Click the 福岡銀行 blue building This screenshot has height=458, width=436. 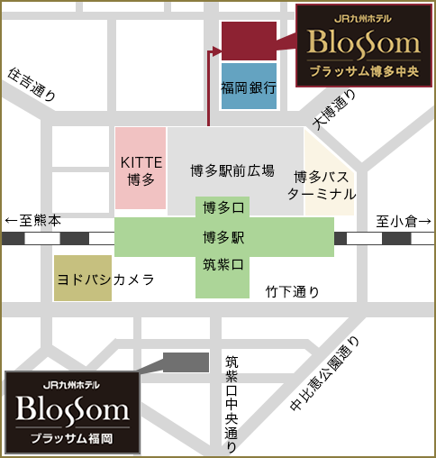(249, 87)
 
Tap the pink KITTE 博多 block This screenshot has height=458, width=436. (141, 169)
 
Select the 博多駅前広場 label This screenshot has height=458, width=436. (232, 169)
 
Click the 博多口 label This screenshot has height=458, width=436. (223, 208)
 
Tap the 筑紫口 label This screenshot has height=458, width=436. (223, 265)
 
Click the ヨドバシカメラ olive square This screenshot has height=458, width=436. (83, 279)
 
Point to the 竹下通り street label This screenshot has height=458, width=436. (292, 291)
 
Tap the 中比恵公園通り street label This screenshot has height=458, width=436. (324, 376)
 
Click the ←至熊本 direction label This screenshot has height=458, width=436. (33, 221)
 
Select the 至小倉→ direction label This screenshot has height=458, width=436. (404, 221)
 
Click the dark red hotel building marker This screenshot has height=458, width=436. (249, 41)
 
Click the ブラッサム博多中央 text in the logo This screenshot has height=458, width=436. (364, 72)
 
